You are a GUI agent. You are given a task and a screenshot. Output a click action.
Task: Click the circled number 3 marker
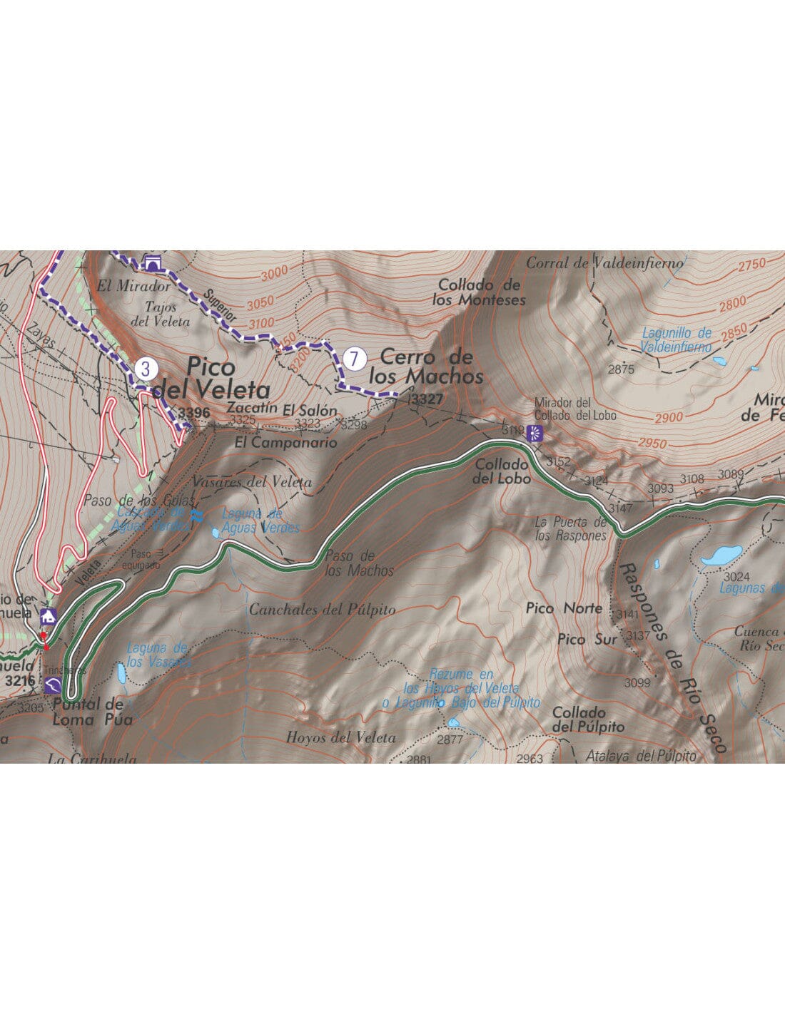pos(146,369)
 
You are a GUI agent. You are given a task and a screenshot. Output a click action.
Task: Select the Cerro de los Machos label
pos(426,366)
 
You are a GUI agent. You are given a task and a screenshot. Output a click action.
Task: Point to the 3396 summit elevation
pos(193,413)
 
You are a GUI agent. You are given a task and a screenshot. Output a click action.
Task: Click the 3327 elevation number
pos(427,400)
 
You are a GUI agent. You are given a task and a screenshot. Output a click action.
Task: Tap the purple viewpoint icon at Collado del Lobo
pos(535,431)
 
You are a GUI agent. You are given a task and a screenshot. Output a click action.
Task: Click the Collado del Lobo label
pos(501,471)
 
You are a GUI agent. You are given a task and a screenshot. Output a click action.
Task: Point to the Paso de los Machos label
pos(359,563)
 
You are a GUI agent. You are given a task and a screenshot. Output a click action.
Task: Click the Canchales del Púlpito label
pos(322,610)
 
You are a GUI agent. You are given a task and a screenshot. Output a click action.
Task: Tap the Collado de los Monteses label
pos(479,292)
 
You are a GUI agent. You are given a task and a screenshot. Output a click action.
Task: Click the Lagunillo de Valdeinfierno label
pos(676,339)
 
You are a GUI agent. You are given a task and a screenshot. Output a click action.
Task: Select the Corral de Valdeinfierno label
pos(604,263)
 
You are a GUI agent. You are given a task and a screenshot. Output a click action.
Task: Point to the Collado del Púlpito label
pos(588,719)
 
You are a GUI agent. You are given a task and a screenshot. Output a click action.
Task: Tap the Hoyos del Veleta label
pos(340,737)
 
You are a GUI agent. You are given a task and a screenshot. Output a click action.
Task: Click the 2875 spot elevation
pos(621,369)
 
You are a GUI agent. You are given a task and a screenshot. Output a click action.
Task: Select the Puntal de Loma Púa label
pos(92,712)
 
